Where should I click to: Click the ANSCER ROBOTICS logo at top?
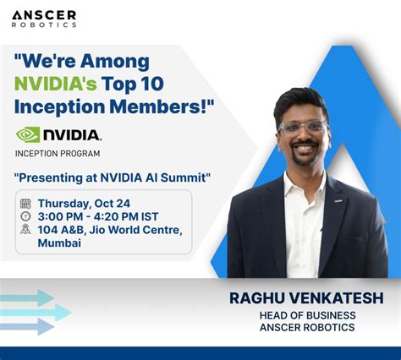pos(43,19)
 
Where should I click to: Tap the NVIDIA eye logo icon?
pos(28,134)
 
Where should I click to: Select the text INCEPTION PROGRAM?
pos(58,153)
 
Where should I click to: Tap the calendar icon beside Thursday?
pos(25,204)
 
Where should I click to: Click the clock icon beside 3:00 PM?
pos(25,217)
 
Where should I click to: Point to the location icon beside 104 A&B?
pos(25,230)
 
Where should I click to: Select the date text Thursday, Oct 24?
pos(83,204)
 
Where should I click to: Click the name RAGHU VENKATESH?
pos(306,298)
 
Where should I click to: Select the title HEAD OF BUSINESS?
pos(306,315)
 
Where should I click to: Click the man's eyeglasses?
pos(303,128)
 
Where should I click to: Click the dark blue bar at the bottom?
pos(200,352)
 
